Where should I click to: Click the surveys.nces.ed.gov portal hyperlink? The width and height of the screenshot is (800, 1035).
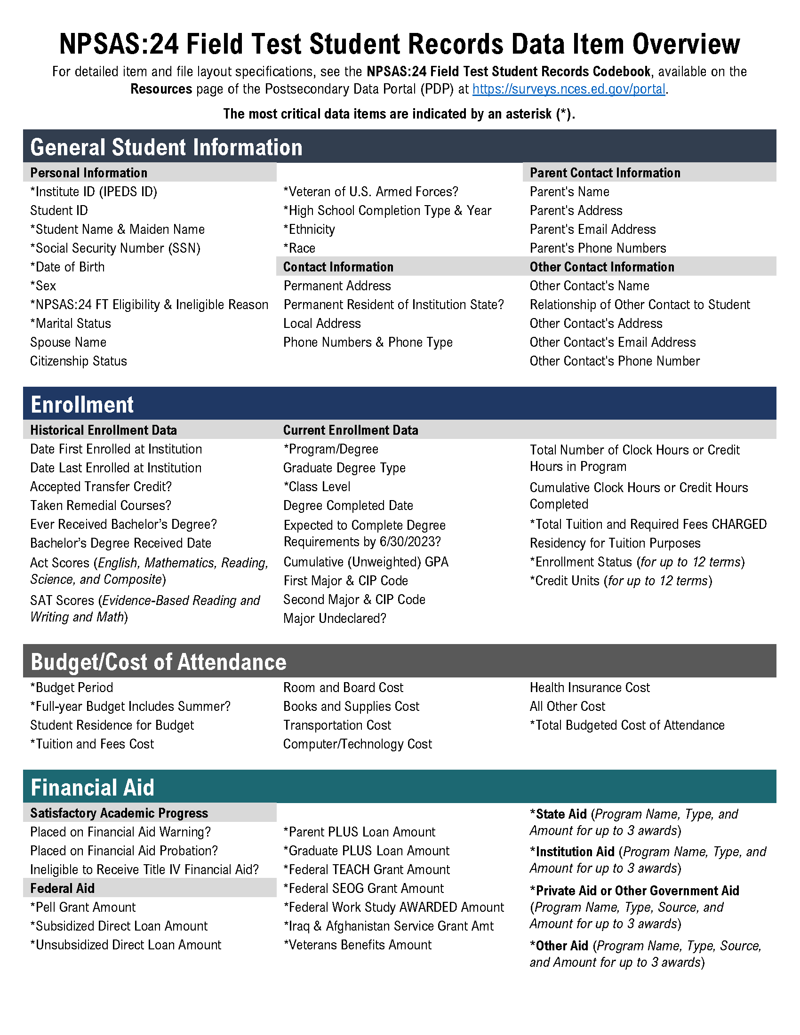[569, 89]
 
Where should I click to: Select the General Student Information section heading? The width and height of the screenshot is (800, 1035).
[166, 147]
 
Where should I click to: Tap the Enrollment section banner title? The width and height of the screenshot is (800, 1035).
[82, 405]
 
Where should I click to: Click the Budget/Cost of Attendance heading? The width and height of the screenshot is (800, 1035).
[158, 662]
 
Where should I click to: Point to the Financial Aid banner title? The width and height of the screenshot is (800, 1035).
[92, 788]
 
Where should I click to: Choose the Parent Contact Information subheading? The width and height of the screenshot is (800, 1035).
[605, 173]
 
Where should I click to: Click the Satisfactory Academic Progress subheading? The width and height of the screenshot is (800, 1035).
[119, 813]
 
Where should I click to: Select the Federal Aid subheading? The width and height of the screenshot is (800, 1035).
[62, 889]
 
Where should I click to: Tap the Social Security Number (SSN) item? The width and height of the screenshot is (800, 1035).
[115, 248]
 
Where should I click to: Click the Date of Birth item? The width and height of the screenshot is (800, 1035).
[67, 267]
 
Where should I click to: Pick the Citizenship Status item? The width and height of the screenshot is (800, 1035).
[79, 361]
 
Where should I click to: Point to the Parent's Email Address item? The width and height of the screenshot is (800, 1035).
[592, 230]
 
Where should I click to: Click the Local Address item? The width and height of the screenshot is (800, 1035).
[322, 324]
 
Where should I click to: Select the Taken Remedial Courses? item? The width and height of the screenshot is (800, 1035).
[101, 506]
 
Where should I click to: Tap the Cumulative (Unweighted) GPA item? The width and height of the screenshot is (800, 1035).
[365, 562]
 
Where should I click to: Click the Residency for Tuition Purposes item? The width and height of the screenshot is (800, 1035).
[615, 543]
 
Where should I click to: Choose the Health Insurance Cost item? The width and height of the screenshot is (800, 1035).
[590, 688]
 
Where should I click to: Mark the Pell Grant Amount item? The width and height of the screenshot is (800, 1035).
[83, 908]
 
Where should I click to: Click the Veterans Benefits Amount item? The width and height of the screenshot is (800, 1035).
[357, 945]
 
